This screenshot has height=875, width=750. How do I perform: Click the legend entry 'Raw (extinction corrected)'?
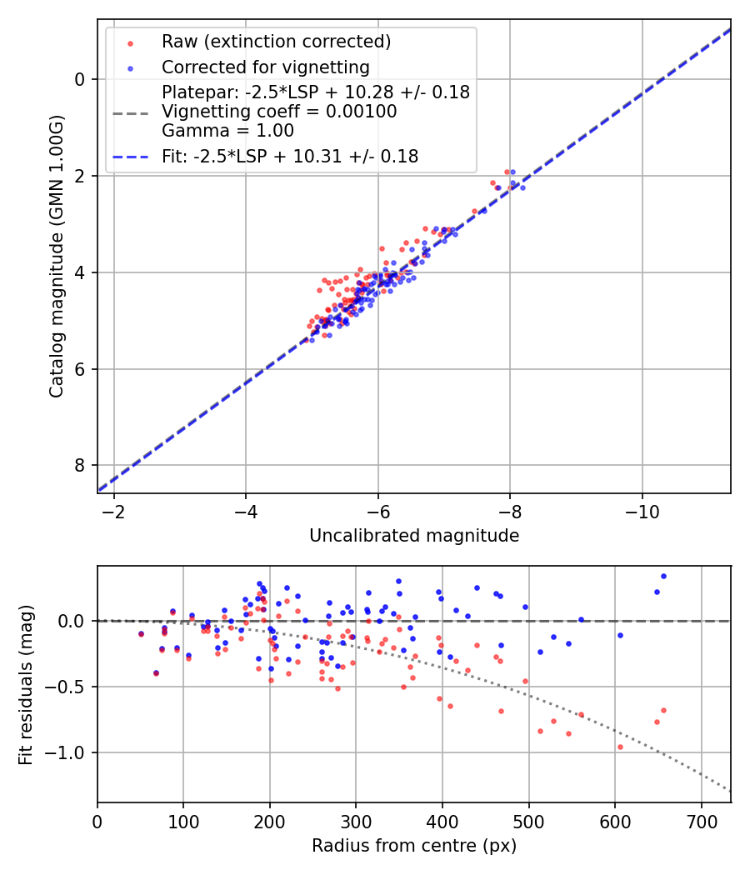point(276,42)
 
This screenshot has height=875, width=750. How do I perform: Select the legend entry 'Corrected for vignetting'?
point(265,67)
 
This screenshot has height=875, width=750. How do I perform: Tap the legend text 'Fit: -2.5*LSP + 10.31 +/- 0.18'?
point(289,156)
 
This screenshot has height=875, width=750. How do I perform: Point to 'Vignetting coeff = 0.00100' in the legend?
point(279,111)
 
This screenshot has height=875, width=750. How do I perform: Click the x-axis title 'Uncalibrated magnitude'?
point(414,536)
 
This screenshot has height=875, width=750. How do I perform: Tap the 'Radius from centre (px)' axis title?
point(414,846)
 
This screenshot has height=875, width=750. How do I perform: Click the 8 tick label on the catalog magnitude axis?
point(80,465)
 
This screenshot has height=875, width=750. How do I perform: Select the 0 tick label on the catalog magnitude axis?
point(80,79)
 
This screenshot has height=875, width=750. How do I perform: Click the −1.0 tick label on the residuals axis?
point(68,752)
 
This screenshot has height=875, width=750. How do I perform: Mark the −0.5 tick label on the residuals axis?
point(68,687)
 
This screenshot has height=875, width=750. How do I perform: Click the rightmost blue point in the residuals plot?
point(663,576)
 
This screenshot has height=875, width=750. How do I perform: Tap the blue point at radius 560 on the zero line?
point(581,619)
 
